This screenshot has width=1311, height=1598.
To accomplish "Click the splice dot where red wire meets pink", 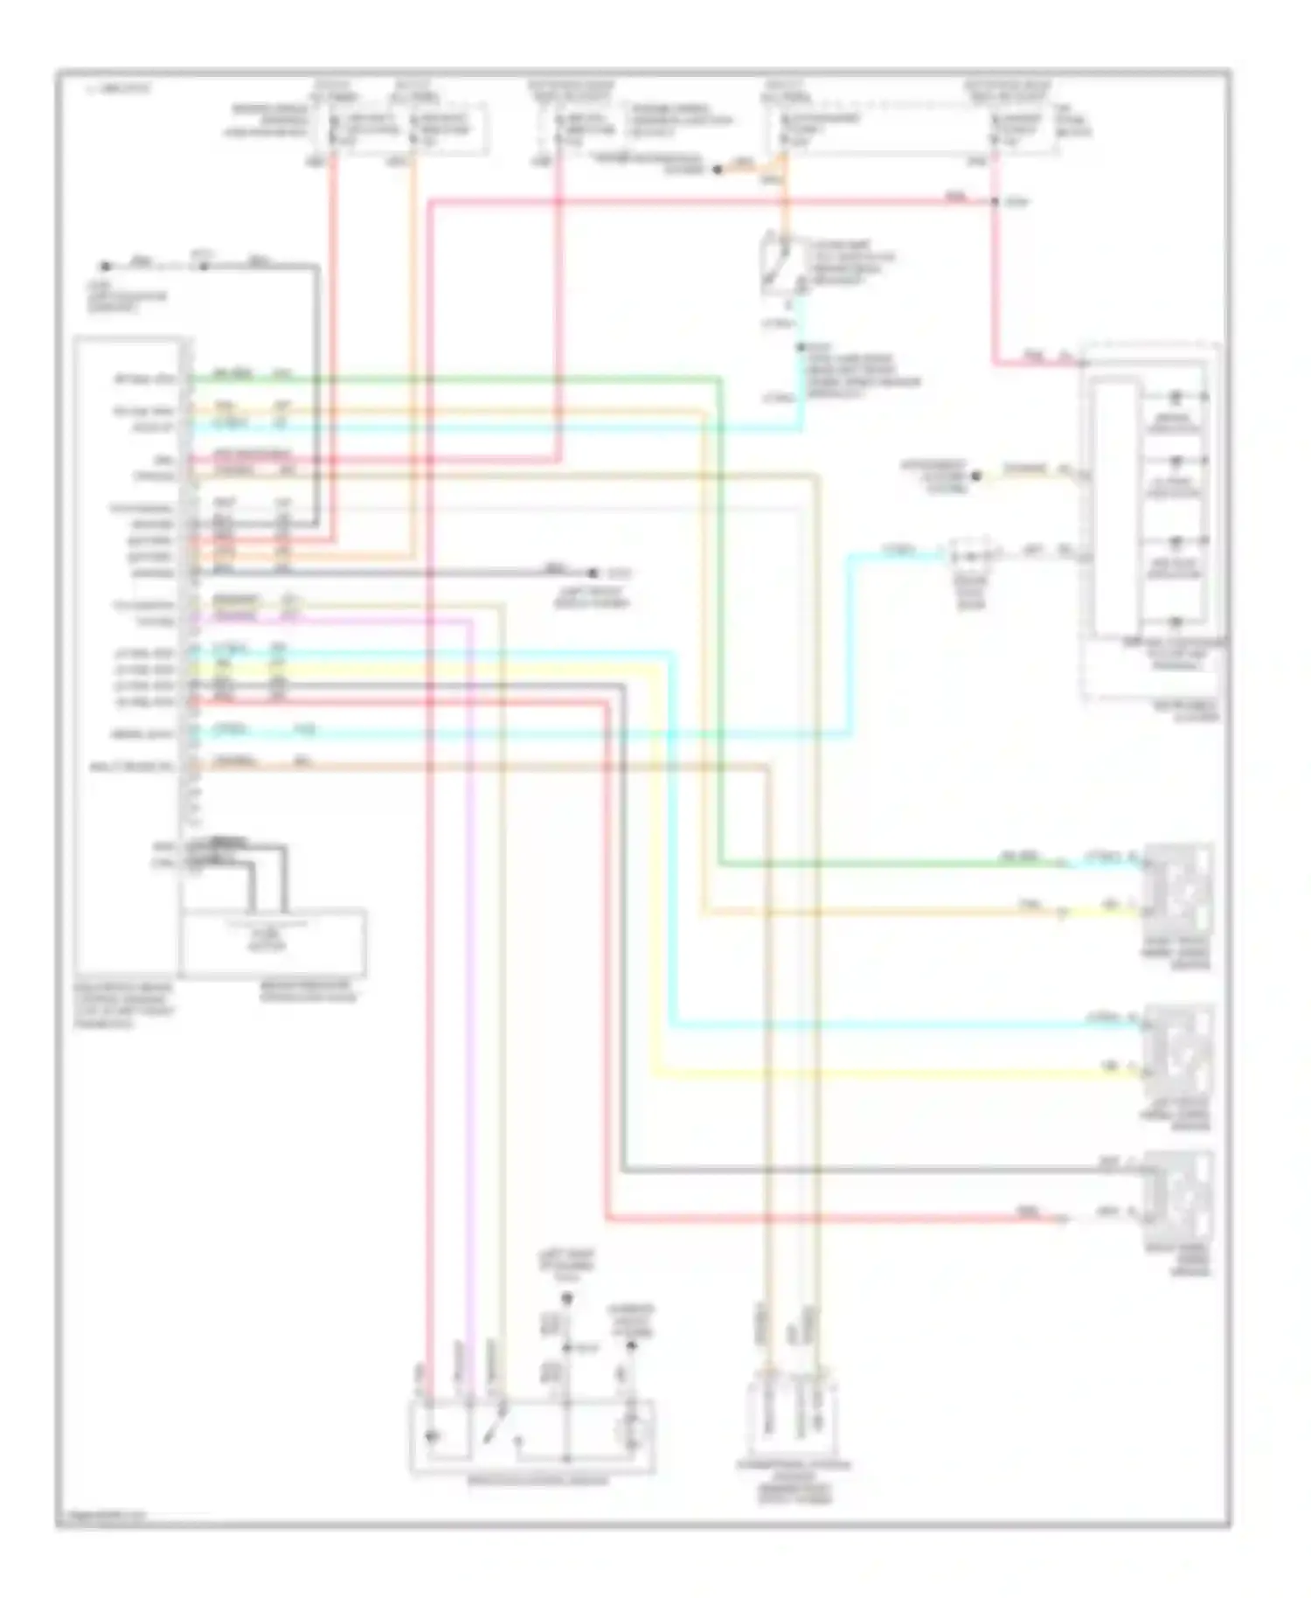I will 995,202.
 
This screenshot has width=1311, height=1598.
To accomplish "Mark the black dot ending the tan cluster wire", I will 977,476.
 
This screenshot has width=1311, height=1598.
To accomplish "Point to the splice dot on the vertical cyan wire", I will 800,348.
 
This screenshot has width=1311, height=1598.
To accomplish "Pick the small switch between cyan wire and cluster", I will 973,555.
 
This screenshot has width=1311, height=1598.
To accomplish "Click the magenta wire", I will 472,962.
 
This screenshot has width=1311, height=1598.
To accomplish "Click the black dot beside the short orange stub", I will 718,170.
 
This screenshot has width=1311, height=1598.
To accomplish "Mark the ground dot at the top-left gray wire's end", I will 105,266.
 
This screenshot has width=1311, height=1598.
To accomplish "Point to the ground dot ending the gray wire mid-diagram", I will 593,573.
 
